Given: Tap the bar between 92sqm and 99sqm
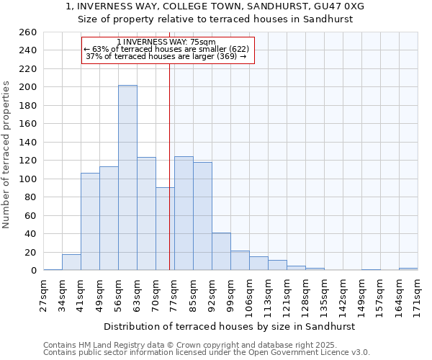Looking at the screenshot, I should (221, 251).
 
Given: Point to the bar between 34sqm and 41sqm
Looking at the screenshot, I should (71, 262).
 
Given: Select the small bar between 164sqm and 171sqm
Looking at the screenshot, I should (408, 269).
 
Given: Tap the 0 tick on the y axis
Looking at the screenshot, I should (34, 271).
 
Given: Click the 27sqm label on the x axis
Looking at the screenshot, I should (43, 294).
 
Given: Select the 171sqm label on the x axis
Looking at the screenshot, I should (418, 294).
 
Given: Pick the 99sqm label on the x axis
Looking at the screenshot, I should (230, 294).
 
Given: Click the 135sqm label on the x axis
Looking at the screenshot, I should (324, 294).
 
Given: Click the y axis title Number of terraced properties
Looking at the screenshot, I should (6, 155).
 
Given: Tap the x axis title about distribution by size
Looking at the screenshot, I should (230, 326).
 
